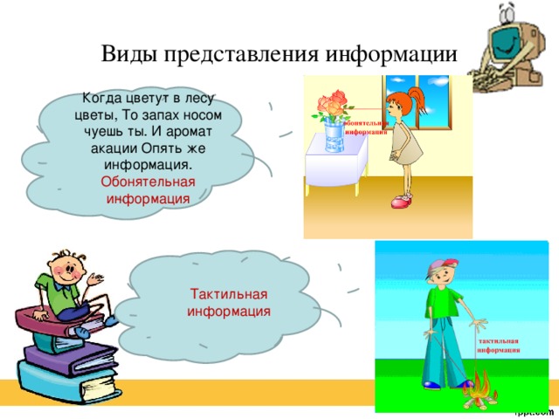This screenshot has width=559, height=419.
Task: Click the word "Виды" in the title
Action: click(x=126, y=53)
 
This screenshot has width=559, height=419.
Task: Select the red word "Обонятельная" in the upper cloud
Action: click(x=148, y=182)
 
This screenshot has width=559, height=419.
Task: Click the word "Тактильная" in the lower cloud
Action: click(x=229, y=293)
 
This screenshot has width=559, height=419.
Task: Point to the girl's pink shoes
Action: click(x=401, y=203)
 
